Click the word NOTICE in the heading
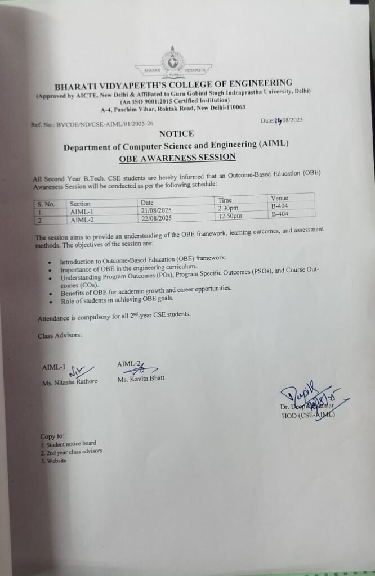click(176, 133)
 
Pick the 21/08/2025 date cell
click(156, 211)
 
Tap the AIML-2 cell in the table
click(82, 220)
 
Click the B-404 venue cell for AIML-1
click(280, 206)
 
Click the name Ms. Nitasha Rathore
click(70, 381)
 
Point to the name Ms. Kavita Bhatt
click(141, 379)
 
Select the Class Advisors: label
click(60, 335)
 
